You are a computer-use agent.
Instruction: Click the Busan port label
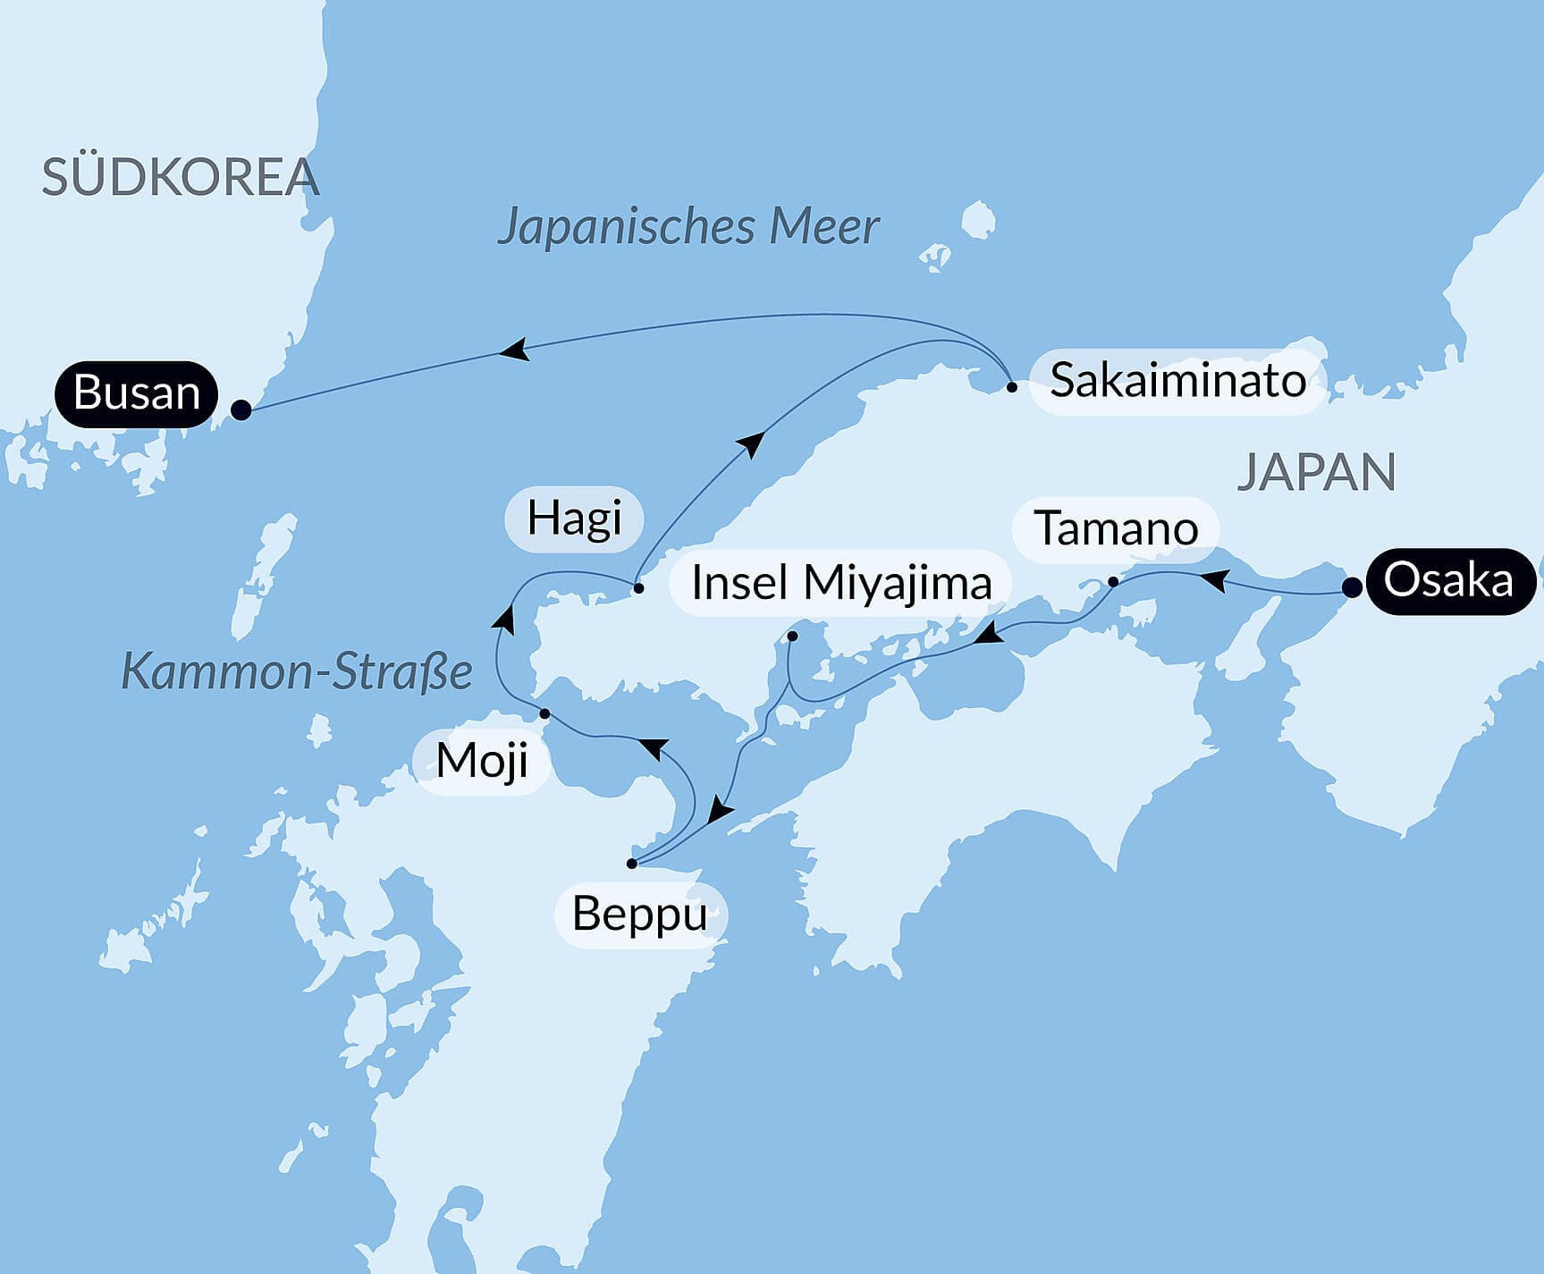[x=136, y=393]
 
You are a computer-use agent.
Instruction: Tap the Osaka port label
[x=1447, y=581]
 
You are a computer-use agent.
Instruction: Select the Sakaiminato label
[x=1177, y=381]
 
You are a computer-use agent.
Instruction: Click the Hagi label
[x=574, y=519]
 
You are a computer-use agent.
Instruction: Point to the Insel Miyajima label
[x=841, y=583]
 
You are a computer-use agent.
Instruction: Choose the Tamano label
[x=1116, y=528]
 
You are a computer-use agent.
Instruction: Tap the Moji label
[x=482, y=762]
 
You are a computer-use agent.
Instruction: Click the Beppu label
[x=640, y=914]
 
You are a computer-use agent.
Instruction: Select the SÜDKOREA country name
[x=180, y=177]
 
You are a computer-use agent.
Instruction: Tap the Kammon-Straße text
[x=296, y=671]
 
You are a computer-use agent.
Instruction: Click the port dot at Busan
[x=241, y=409]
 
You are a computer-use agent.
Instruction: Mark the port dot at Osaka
[x=1353, y=587]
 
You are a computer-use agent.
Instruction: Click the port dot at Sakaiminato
[x=1012, y=387]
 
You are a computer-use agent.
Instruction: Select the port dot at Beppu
[x=632, y=864]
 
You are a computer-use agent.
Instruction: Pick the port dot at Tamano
[x=1113, y=582]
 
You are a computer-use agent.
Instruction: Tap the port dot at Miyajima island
[x=792, y=637]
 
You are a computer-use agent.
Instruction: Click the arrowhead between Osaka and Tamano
[x=1212, y=581]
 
